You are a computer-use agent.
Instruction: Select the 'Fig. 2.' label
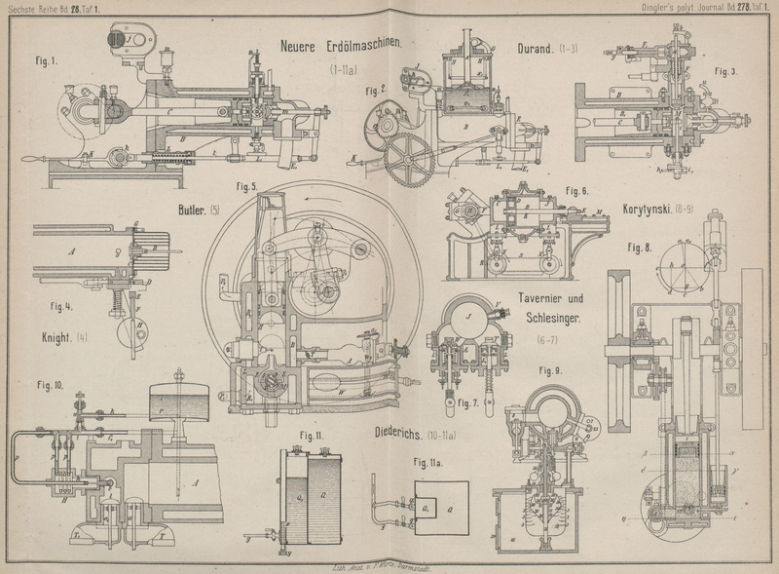pos(377,90)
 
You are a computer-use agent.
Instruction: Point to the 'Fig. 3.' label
pos(724,71)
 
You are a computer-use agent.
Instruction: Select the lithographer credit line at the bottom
pos(388,564)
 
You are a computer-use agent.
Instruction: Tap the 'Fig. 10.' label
pos(46,385)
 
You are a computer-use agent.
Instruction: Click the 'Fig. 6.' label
pos(577,191)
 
